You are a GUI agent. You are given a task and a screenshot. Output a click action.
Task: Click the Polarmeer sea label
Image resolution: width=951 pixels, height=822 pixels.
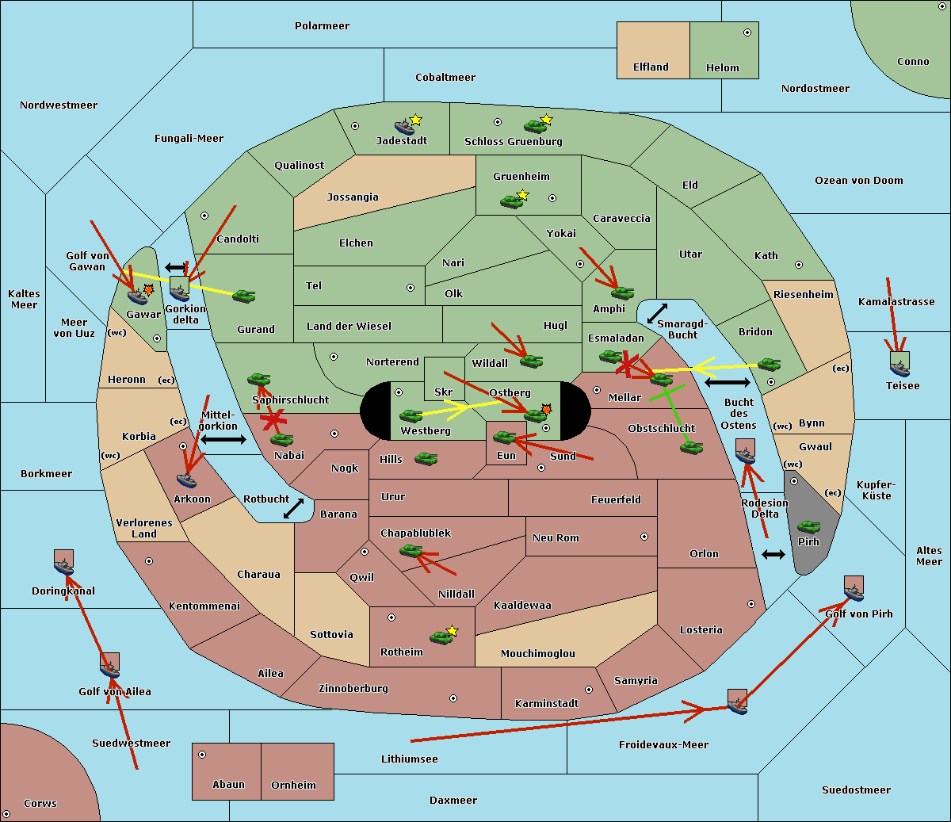322,26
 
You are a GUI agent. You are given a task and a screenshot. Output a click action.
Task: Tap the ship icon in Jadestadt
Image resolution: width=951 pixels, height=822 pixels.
404,127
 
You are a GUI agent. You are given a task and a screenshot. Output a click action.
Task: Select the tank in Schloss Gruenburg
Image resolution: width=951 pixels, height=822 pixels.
535,126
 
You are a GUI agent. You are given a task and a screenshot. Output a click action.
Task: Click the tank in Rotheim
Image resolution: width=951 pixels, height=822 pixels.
441,637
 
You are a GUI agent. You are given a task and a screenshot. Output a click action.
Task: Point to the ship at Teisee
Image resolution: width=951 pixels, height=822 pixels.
899,365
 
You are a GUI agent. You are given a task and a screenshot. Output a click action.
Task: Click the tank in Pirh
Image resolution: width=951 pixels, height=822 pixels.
808,527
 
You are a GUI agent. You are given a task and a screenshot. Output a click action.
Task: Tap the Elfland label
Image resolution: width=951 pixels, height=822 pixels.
651,67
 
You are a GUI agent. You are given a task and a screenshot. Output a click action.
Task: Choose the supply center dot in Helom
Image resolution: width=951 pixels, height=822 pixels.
747,32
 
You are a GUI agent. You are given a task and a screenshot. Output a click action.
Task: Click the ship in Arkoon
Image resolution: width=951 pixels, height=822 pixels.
186,480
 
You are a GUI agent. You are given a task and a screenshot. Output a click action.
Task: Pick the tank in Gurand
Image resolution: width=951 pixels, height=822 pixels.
243,296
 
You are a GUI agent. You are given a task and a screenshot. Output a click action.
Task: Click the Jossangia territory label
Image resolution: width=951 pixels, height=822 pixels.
353,197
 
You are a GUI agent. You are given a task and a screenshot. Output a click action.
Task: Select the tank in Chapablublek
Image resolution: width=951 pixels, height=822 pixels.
411,551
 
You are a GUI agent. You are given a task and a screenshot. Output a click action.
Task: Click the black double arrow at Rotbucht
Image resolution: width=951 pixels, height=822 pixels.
293,508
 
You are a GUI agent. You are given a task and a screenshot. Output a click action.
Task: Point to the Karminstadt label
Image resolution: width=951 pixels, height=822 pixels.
547,704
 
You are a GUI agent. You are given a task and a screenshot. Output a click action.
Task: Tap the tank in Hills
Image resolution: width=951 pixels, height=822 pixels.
426,458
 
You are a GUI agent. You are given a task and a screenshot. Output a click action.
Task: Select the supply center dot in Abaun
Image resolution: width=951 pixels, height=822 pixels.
202,755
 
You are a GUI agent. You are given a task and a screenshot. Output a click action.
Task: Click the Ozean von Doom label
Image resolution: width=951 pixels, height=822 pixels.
858,181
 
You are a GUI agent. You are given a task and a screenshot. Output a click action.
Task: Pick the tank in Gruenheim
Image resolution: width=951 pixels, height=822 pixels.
511,202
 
